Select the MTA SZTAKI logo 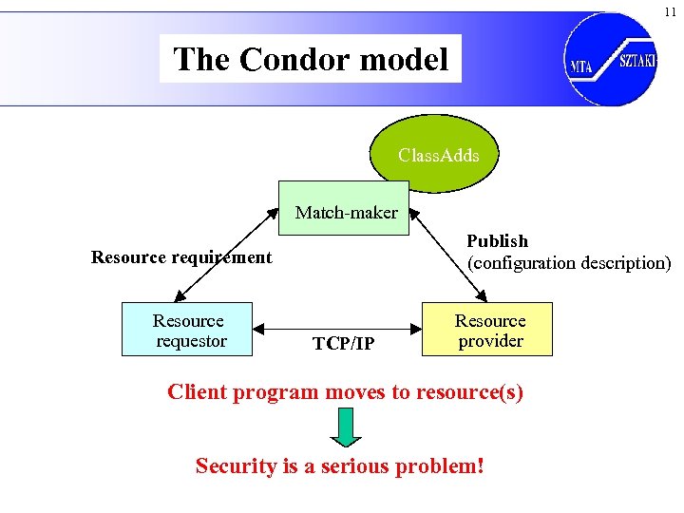pos(610,59)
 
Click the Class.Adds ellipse pos(438,155)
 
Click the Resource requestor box pos(188,331)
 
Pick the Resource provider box pos(489,331)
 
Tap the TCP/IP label pos(343,343)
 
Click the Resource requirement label pos(180,257)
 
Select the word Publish pos(497,241)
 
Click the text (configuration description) pos(568,262)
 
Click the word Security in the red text pos(234,466)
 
